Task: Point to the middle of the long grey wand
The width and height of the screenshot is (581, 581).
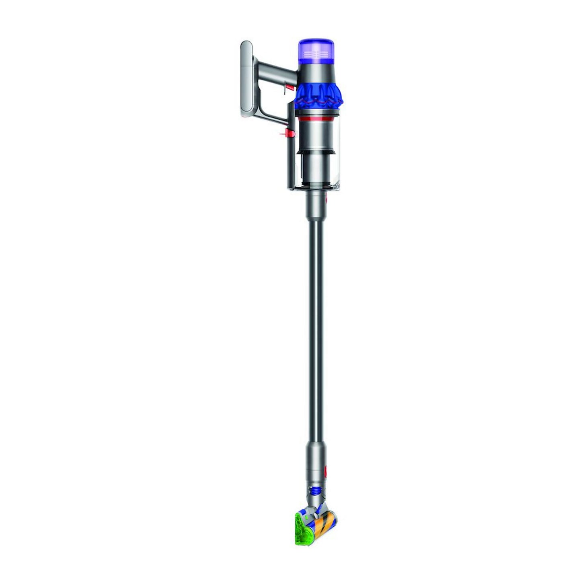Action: [x=316, y=322]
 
